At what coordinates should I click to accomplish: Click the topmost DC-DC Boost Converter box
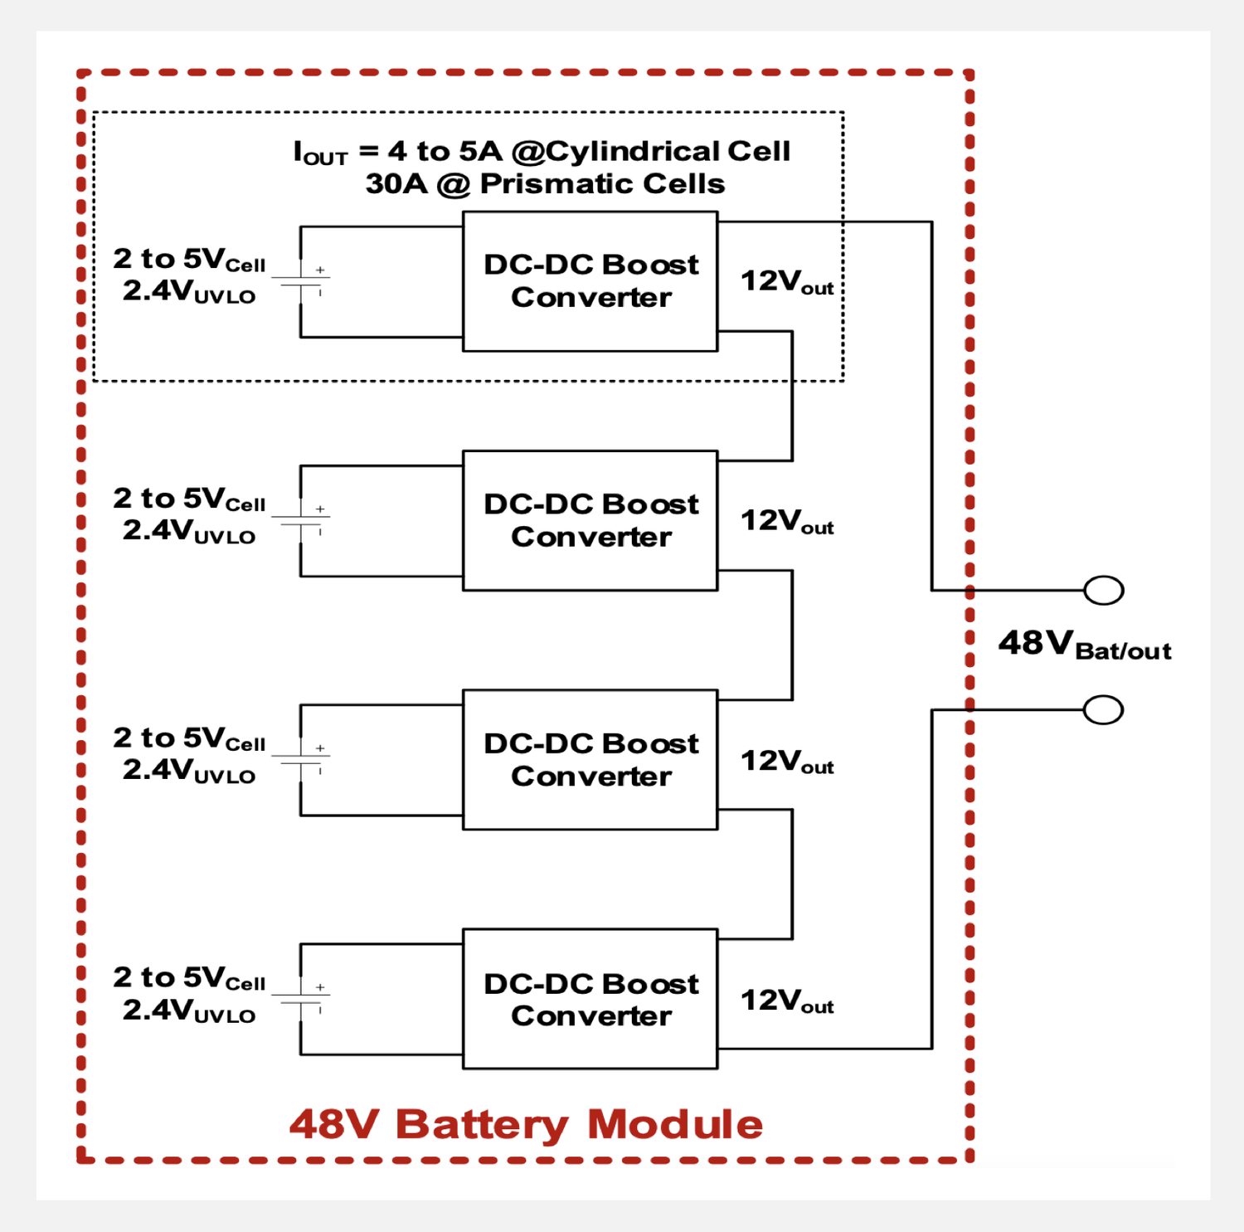tap(590, 281)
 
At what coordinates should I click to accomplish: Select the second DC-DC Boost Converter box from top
tap(590, 520)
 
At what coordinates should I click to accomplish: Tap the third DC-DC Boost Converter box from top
tap(590, 759)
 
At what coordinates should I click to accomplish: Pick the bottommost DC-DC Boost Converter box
tap(590, 999)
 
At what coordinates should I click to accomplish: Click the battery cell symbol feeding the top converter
tap(301, 281)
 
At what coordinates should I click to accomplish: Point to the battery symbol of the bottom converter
tap(301, 999)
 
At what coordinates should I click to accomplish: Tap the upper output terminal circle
tap(1103, 590)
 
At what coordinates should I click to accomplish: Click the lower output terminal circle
tap(1103, 710)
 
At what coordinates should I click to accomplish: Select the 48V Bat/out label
tap(1084, 645)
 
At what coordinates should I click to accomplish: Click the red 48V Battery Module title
tap(526, 1125)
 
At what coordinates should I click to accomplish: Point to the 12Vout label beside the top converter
tap(786, 282)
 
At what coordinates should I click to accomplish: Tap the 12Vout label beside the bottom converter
tap(786, 1001)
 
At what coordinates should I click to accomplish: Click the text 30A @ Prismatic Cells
tap(545, 184)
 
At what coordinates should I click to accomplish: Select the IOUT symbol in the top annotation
tap(320, 153)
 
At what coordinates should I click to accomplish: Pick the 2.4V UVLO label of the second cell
tap(189, 531)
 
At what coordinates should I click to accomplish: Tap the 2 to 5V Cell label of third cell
tap(189, 738)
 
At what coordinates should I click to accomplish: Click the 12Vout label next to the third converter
tap(786, 762)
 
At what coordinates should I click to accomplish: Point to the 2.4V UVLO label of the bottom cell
tap(189, 1010)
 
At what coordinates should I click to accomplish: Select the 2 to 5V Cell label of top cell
tap(189, 259)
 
